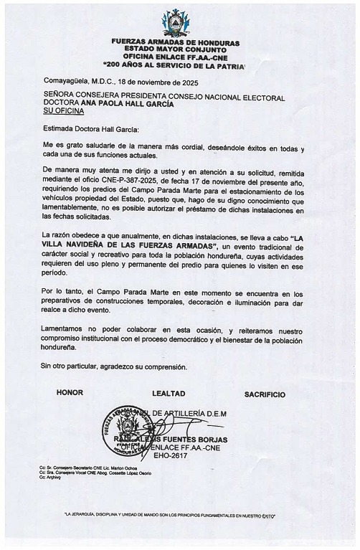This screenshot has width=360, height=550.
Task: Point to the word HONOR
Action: pyautogui.click(x=70, y=394)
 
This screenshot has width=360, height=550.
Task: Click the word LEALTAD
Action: pyautogui.click(x=169, y=394)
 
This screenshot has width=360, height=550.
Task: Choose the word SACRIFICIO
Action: pyautogui.click(x=265, y=394)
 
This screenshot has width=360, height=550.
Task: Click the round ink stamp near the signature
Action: pyautogui.click(x=130, y=432)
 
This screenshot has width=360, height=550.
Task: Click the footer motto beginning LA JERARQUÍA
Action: pyautogui.click(x=170, y=515)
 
